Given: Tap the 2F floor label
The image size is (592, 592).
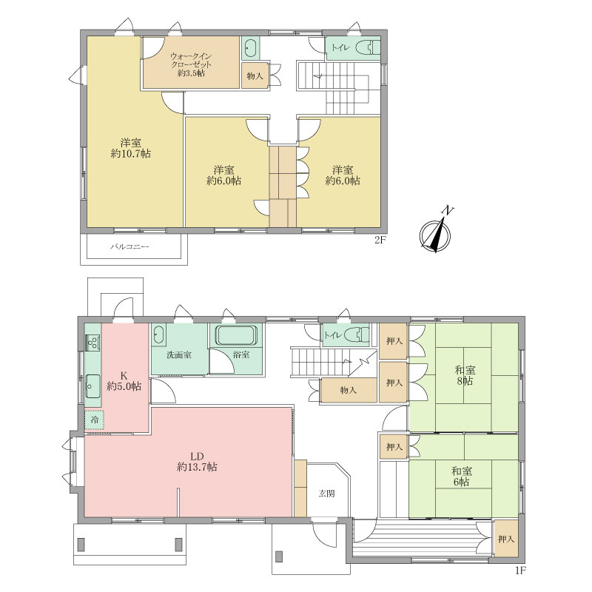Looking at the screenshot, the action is pos(381,240).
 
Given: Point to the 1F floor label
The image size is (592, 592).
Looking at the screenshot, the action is pos(520,571).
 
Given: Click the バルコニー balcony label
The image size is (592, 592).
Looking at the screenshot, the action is pos(129,247).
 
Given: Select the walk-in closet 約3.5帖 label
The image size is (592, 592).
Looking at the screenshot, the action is pos(191,64).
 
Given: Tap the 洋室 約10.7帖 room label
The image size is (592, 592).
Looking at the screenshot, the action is pos(131,149).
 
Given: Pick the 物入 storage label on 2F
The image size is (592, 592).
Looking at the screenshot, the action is pos(255,76).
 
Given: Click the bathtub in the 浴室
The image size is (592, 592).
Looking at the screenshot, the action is pos(236,335).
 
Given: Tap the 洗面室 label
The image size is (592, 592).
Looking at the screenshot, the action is pos(179,355).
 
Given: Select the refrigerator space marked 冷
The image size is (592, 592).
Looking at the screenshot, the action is pos(95,420).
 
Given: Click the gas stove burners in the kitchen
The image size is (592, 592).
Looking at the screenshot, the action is pos(92,343).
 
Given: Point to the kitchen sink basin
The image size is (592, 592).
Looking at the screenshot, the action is pos(92,386).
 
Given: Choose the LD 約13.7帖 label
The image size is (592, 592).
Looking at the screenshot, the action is pos(197,461).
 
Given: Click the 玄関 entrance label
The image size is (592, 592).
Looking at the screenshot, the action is pos(326,494).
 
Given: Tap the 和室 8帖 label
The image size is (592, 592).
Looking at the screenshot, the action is pos(465,375).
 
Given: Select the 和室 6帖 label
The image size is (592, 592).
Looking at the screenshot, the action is pos(462,477).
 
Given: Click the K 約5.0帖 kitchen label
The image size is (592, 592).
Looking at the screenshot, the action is pos(124,381).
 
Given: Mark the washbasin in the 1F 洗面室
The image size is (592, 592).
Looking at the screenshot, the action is pos(159,335).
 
